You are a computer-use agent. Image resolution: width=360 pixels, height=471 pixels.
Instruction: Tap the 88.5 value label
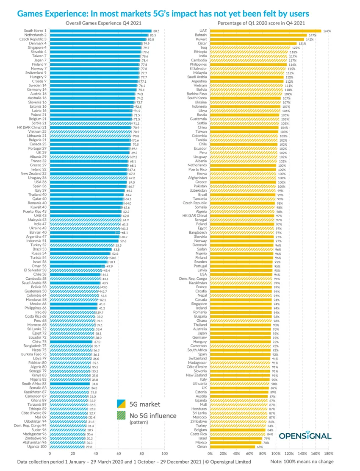(156, 31)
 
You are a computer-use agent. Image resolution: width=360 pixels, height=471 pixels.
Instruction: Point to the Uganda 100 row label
(37, 447)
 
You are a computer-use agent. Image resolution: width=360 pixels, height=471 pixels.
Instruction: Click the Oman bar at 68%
(233, 446)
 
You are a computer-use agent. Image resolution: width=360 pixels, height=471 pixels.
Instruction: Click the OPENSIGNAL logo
(305, 435)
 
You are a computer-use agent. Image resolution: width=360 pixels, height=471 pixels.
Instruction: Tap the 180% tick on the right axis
(329, 453)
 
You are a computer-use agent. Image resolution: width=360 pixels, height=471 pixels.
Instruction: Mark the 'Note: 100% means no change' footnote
(302, 462)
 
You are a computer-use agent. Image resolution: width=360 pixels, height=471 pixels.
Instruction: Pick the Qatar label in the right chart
(202, 43)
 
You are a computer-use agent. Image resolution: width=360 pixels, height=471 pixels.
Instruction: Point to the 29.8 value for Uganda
(89, 447)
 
